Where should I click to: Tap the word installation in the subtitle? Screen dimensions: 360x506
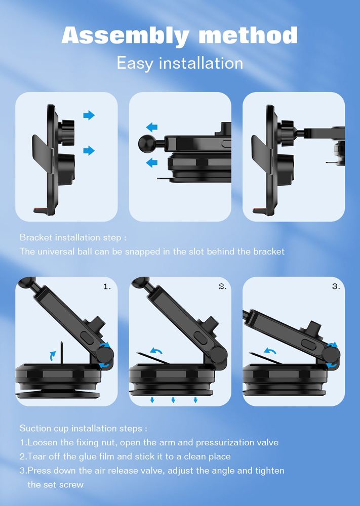(x=201, y=63)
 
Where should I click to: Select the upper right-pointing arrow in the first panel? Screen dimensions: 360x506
(x=89, y=115)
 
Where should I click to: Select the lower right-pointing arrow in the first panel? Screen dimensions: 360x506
(x=89, y=150)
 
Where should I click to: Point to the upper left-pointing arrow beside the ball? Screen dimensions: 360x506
(x=151, y=127)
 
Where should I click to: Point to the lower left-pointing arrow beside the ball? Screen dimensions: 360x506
(x=151, y=162)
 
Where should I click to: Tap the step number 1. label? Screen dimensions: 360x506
(x=107, y=286)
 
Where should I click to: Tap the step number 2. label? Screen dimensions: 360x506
(x=223, y=286)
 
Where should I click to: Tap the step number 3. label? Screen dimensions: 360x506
(x=336, y=286)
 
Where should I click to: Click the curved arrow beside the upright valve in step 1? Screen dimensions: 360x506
(x=52, y=356)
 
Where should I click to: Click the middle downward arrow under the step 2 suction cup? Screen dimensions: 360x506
(x=173, y=400)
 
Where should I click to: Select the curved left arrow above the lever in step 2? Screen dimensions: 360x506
(x=156, y=351)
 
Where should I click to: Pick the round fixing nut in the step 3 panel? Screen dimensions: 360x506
(x=331, y=355)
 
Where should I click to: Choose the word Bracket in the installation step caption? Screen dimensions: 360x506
(x=36, y=237)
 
